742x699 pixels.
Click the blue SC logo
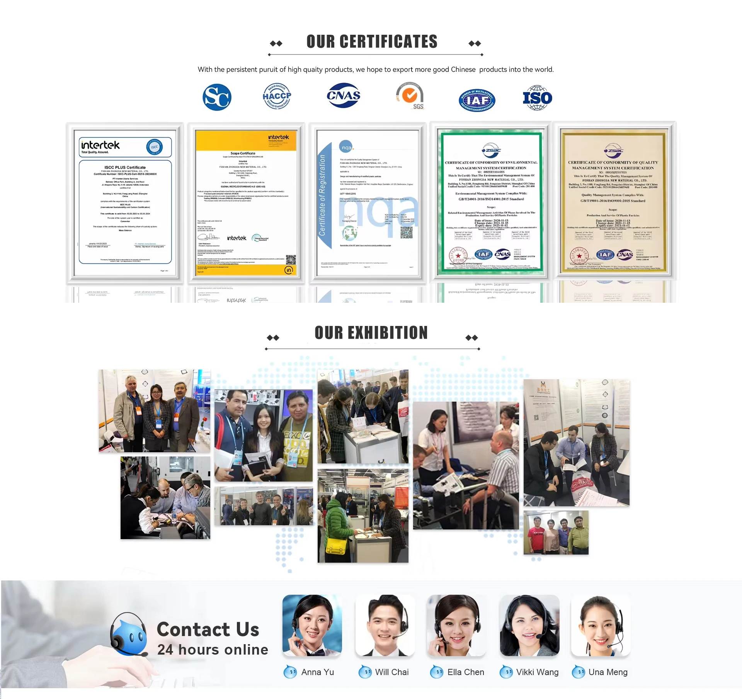pos(217,97)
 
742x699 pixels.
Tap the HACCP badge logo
pos(277,96)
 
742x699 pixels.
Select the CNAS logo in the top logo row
pos(344,95)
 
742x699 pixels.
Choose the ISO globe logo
pos(537,98)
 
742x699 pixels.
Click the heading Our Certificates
pos(372,42)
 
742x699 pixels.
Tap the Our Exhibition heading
pos(371,333)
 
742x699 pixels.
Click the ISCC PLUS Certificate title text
pos(125,167)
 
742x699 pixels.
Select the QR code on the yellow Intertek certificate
pos(291,260)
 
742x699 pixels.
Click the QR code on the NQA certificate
pos(406,232)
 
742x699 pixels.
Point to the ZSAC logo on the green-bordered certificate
pos(491,150)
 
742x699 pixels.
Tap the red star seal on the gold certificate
pos(579,256)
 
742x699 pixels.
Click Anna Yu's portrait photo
pos(312,625)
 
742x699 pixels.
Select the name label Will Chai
pos(391,672)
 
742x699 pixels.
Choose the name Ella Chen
pos(465,672)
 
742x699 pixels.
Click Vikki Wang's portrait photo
pos(529,625)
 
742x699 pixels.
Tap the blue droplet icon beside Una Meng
pos(579,672)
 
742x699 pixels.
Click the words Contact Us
pos(208,629)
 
